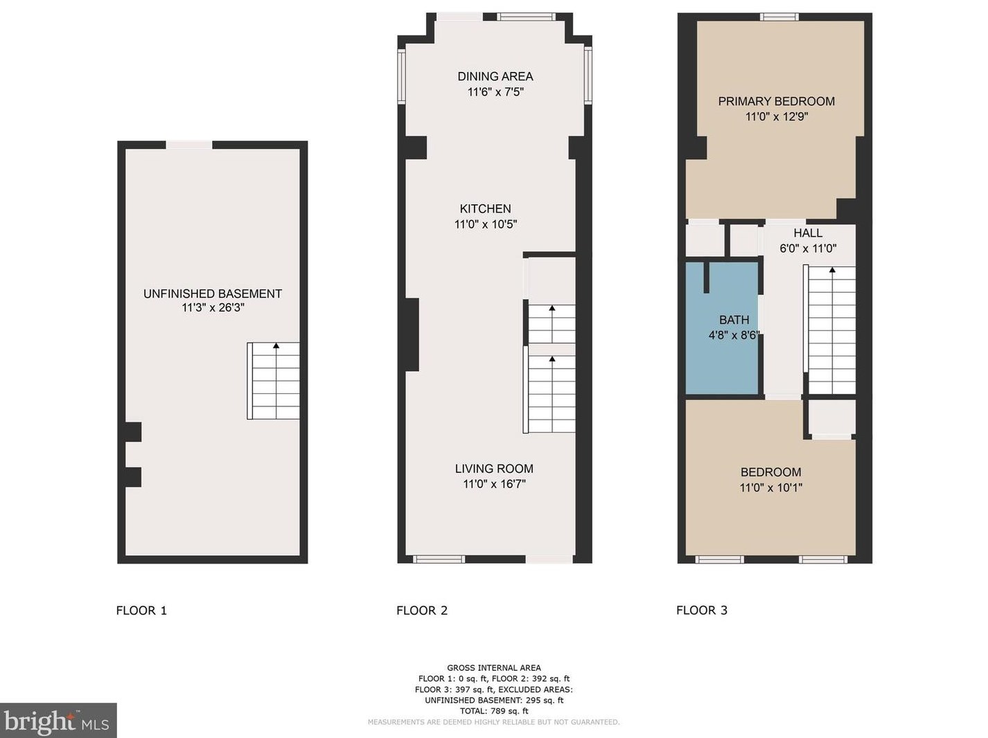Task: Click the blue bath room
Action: click(721, 328)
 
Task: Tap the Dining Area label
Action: click(495, 76)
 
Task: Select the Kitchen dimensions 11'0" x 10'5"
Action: click(486, 224)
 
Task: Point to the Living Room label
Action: click(494, 469)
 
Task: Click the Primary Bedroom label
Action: click(777, 101)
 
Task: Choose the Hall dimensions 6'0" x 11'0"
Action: click(808, 249)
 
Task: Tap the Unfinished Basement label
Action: click(213, 294)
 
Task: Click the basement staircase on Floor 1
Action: click(273, 381)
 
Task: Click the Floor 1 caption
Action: click(141, 611)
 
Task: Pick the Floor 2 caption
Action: click(422, 611)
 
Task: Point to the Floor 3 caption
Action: click(702, 611)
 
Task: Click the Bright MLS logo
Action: click(58, 721)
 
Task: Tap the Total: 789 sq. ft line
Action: click(494, 711)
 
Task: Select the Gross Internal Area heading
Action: click(494, 668)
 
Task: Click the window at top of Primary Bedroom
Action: click(779, 17)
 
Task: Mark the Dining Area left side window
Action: click(401, 76)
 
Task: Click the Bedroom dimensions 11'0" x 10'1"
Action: click(770, 487)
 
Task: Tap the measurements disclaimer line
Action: click(494, 722)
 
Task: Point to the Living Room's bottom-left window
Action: click(439, 559)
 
